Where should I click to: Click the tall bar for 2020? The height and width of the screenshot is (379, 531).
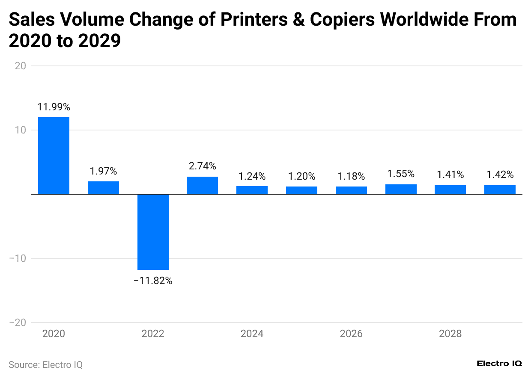[x=54, y=156]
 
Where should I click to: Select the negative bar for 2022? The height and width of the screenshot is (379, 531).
[x=153, y=232]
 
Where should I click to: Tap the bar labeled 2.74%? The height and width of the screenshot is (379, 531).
[x=202, y=185]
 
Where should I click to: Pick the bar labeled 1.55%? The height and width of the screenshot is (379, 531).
[x=401, y=189]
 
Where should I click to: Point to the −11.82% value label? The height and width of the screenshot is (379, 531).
[x=153, y=281]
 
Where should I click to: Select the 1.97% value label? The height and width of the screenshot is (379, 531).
[x=103, y=172]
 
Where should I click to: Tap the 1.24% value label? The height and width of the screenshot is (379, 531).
[x=252, y=176]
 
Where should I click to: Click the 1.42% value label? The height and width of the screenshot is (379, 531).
[x=500, y=175]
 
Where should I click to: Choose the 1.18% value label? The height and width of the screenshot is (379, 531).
[x=351, y=176]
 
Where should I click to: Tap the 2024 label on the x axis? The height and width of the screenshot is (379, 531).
[x=252, y=334]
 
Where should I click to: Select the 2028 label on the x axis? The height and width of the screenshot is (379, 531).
[x=450, y=334]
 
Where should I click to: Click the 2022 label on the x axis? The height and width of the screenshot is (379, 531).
[x=153, y=334]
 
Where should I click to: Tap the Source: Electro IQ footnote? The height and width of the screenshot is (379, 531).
[x=45, y=365]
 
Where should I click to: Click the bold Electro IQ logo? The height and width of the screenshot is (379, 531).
[x=499, y=363]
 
